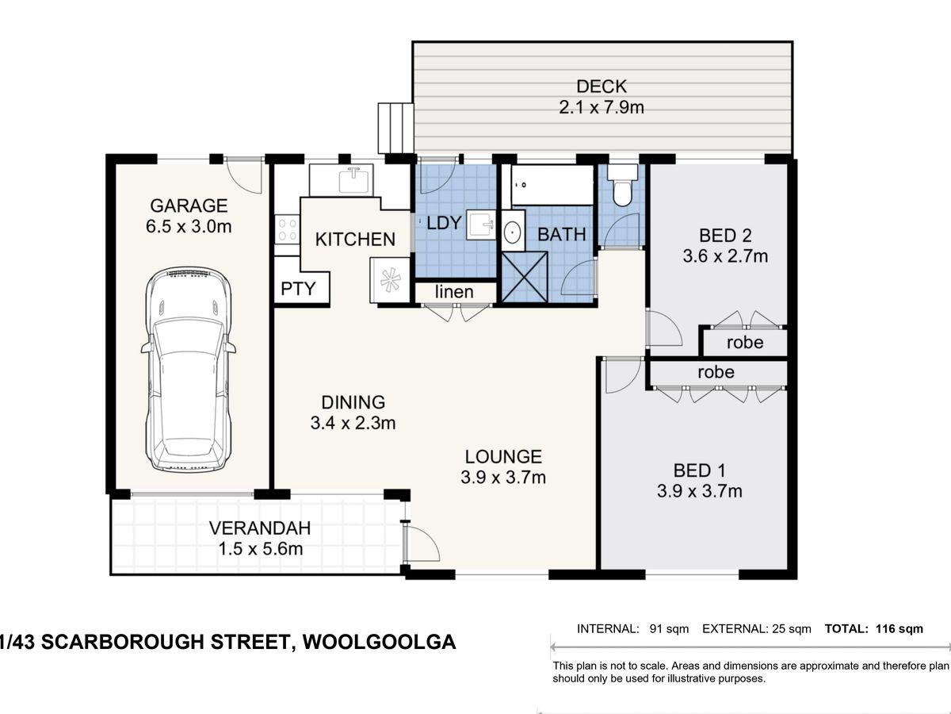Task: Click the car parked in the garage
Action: pos(188,370)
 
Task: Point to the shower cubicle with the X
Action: pos(525,277)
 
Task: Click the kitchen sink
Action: pos(352,180)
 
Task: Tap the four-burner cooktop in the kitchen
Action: pos(286,230)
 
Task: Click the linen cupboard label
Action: pos(455,292)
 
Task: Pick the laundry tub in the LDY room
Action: pos(479,224)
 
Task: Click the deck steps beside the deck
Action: pos(395,127)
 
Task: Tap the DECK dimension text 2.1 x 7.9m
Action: pos(602,107)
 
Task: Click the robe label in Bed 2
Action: pos(744,343)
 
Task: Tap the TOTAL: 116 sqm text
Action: pos(874,629)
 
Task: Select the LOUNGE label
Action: pos(503,456)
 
